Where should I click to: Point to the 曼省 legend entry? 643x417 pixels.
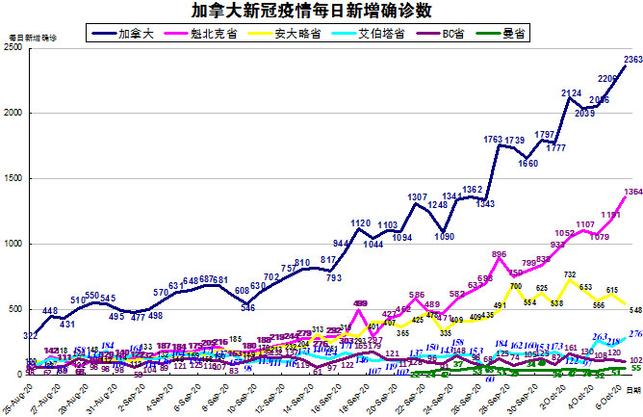(513, 35)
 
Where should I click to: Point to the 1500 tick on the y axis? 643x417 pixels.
(14, 178)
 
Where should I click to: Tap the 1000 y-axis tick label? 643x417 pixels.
(14, 244)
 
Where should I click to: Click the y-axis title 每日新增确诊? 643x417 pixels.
(33, 36)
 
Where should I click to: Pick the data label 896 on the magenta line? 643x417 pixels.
(499, 254)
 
